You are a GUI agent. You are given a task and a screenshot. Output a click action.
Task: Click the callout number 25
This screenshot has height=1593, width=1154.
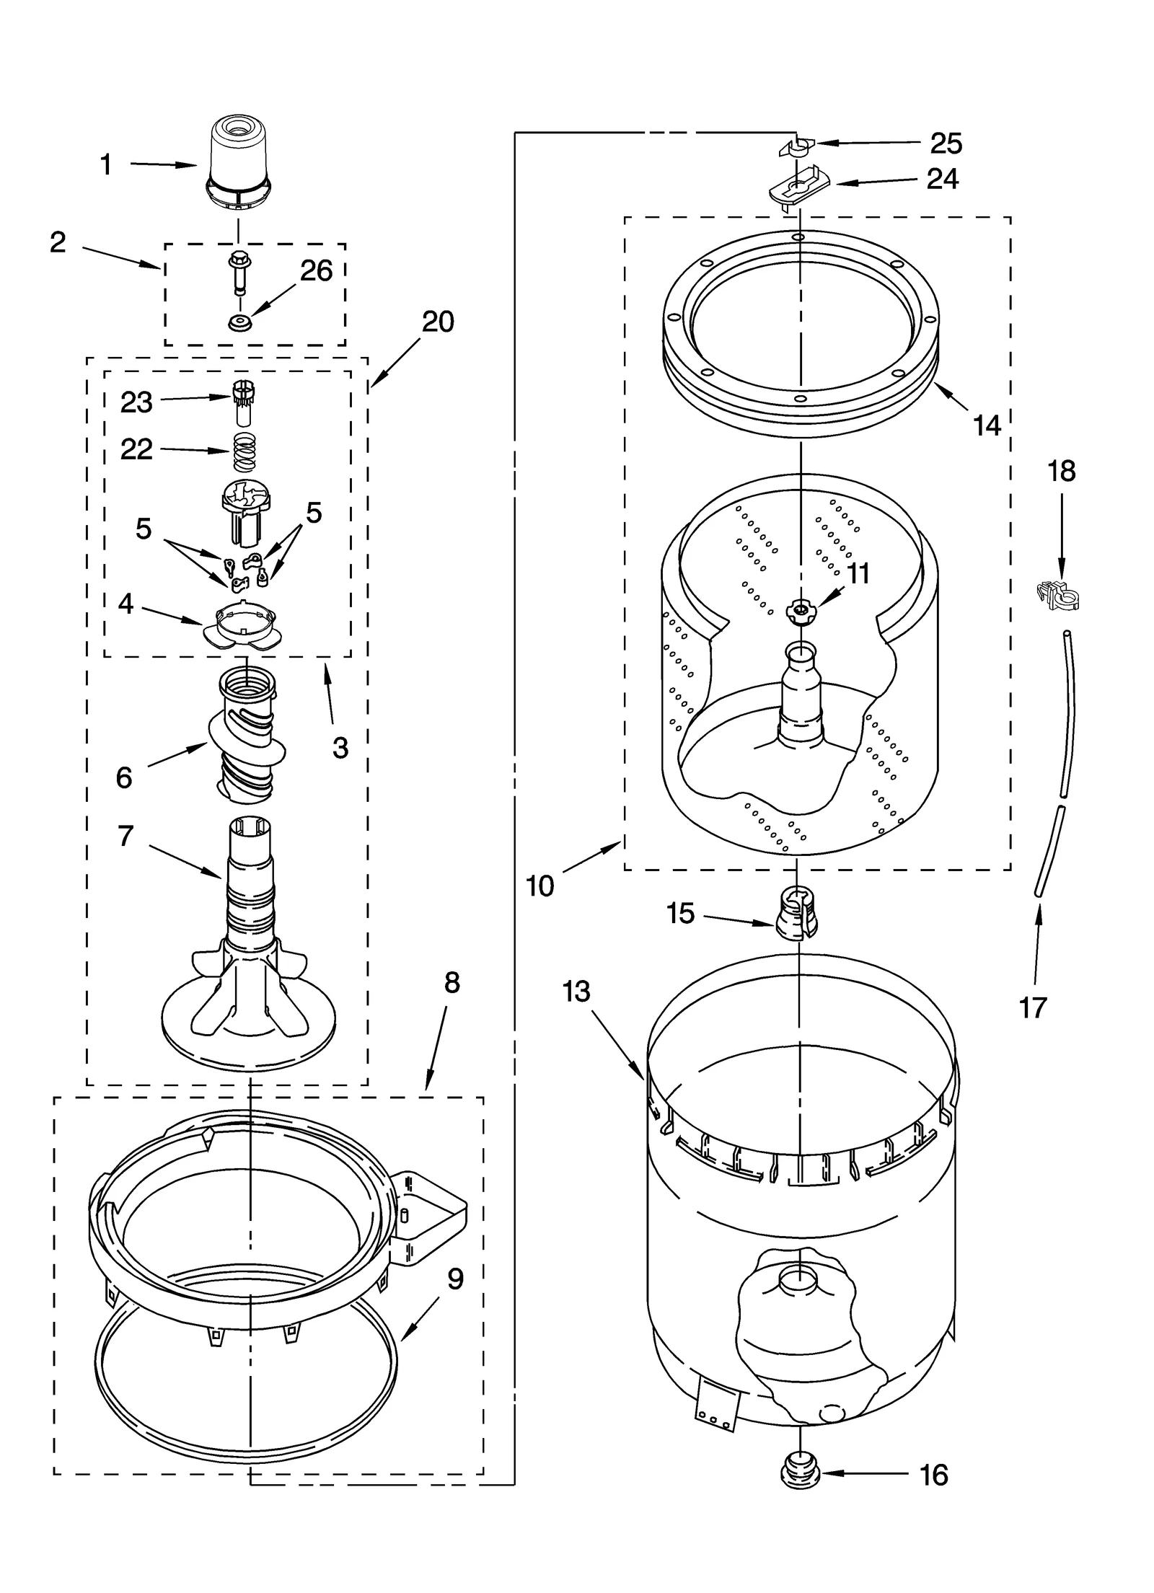pyautogui.click(x=946, y=144)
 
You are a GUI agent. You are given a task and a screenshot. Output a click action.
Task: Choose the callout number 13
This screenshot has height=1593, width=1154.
pyautogui.click(x=576, y=992)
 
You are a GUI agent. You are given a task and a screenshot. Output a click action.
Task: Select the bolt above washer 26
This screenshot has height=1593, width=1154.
pyautogui.click(x=238, y=273)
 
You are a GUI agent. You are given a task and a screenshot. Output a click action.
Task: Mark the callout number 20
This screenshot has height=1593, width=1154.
pyautogui.click(x=438, y=322)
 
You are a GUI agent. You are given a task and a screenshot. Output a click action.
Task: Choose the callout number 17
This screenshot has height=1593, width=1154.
pyautogui.click(x=1032, y=1007)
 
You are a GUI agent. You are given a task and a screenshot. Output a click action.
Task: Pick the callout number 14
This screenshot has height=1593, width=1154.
pyautogui.click(x=986, y=425)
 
